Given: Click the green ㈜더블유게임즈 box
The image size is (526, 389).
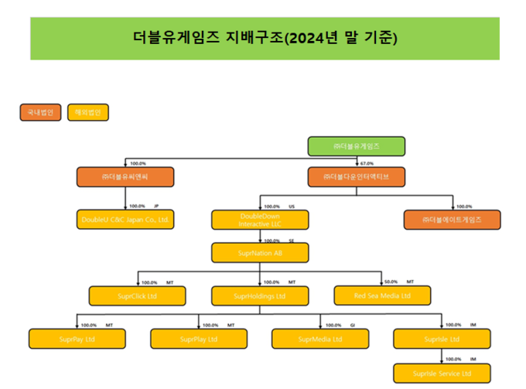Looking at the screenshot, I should tap(357, 145).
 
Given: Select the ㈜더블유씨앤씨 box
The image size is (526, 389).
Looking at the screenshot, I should tap(125, 177).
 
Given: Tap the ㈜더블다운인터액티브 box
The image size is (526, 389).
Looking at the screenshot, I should tap(357, 177).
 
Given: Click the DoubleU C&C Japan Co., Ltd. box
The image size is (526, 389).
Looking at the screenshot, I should tap(125, 220).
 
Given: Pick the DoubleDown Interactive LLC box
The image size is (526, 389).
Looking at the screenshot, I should tap(260, 220).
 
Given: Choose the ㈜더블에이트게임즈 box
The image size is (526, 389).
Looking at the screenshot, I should tap(452, 220).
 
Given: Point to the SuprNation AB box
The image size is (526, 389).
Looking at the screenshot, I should tap(260, 252).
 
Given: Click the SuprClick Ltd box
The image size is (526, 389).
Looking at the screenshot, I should tap(137, 295).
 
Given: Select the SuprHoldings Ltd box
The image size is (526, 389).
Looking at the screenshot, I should tap(260, 295).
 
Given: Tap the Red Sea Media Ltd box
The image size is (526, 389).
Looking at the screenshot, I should tap(382, 295).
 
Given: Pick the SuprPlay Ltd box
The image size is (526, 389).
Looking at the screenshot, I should tap(198, 339).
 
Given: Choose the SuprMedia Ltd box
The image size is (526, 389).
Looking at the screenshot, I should tap(320, 339).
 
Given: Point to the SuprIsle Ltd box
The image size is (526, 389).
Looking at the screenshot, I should tap(442, 339).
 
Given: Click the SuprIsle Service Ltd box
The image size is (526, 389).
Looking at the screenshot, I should tap(442, 374).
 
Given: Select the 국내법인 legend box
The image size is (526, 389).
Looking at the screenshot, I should tap(40, 112).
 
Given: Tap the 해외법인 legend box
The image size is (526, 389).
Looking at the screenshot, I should tap(88, 112).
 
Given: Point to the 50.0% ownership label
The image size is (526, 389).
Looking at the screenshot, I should tap(391, 282).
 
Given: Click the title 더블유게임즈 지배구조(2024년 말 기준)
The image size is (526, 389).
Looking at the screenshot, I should tap(265, 38).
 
